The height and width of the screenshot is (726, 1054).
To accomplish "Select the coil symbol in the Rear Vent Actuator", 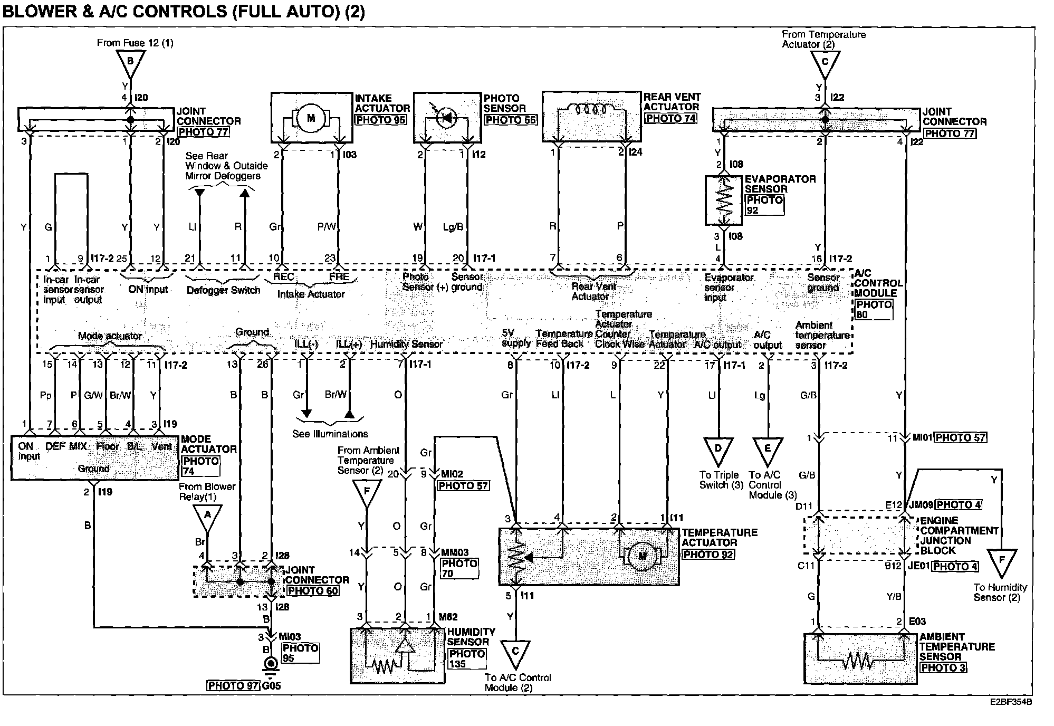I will coord(591,110).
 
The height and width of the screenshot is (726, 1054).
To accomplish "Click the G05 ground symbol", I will coord(271,664).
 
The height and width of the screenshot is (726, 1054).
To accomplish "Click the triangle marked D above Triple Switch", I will coord(718,450).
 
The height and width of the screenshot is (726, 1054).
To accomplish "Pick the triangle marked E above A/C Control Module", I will coord(767,450).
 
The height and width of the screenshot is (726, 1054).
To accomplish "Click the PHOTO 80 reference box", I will coord(874,310).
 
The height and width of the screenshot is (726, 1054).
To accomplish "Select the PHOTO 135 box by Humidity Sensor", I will coord(466,658).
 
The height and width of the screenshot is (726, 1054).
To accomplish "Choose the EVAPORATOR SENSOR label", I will coord(780,184).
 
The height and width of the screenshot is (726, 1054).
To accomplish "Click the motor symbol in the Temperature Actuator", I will coord(642,556).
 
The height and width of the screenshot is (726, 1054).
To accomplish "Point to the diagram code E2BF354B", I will coord(1011,702).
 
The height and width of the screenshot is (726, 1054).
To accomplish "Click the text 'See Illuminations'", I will coord(330,434).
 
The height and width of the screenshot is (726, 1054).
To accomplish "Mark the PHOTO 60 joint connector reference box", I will coord(313,590).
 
